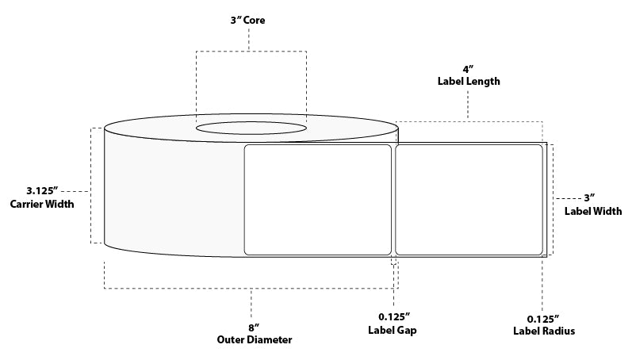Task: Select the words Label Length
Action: (468, 81)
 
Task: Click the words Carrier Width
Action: (43, 205)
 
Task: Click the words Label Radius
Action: (544, 331)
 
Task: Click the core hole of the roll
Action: (251, 127)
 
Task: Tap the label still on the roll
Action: (317, 199)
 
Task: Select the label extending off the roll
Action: (469, 199)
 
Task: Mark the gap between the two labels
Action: (393, 199)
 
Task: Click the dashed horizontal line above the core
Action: (251, 52)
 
